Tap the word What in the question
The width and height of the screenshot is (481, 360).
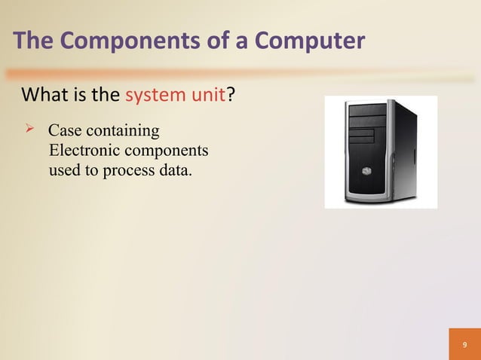pyautogui.click(x=45, y=96)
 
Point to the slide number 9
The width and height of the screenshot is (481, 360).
pyautogui.click(x=464, y=344)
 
